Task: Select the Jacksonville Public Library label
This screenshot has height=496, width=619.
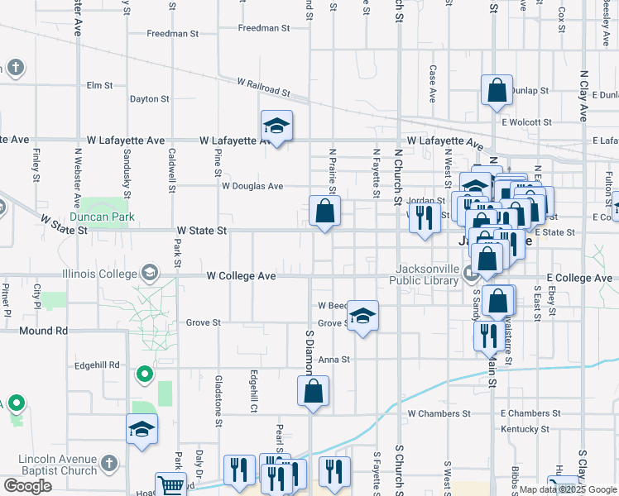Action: point(427,274)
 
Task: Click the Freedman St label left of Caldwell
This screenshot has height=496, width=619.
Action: point(172,34)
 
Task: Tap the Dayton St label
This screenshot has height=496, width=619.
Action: point(149,98)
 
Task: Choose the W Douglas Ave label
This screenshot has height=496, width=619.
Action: point(252,186)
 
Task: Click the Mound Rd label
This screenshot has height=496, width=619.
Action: point(44,331)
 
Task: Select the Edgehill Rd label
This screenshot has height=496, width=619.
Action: point(97,365)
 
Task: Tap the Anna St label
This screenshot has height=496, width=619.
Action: point(335,360)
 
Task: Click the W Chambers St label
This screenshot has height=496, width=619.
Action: point(439,413)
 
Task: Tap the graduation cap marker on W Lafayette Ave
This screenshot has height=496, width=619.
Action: point(276,126)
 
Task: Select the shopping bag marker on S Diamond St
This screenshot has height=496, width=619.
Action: point(314,392)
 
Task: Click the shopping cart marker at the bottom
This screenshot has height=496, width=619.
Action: point(170,486)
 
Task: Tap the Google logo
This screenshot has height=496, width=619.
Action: point(28,486)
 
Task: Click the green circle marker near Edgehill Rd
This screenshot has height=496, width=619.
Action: point(145,376)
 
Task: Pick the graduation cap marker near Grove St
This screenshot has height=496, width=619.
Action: point(362,316)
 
